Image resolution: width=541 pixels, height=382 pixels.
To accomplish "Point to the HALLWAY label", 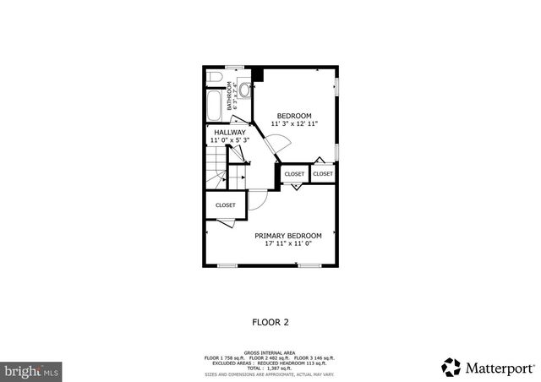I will [230, 133].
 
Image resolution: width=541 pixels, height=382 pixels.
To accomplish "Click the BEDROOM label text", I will [295, 116].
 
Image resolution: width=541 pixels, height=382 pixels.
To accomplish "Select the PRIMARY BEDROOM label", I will [288, 236].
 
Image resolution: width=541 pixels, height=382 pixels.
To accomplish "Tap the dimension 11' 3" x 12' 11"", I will [295, 124].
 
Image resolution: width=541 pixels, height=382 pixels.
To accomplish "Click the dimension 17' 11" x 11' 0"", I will [288, 244].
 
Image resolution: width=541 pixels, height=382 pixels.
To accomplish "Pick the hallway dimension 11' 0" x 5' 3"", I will [230, 141].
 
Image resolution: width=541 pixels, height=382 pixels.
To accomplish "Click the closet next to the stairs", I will [225, 205].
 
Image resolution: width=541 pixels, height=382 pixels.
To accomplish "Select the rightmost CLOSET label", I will [323, 173].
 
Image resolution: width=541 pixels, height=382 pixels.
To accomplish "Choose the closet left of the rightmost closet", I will [294, 174].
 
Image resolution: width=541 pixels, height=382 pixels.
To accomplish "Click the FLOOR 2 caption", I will [270, 322].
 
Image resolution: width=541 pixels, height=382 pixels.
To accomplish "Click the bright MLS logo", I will [32, 370].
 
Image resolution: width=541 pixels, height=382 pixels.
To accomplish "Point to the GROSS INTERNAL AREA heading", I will [270, 352].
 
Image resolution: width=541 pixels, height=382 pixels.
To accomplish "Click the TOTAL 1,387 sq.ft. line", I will [270, 368].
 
